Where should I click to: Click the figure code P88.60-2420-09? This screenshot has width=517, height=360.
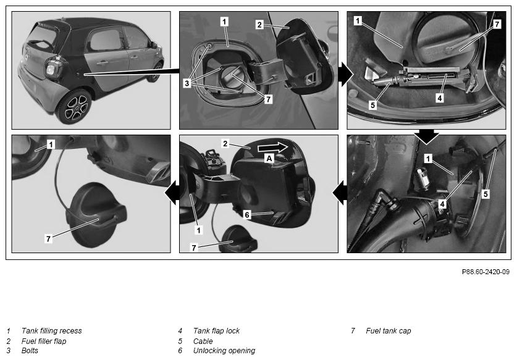[x=485, y=272]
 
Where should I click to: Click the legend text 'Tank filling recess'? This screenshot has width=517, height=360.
[x=51, y=330]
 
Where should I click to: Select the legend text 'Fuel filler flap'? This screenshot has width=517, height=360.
[x=44, y=341]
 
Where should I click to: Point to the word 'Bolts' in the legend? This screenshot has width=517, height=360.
[x=30, y=351]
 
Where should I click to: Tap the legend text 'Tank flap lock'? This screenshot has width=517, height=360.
[x=216, y=330]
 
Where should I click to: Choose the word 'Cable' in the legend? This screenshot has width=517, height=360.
[x=203, y=341]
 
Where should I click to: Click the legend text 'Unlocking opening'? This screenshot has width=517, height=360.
[x=224, y=351]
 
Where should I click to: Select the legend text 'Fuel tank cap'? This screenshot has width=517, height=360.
[x=389, y=330]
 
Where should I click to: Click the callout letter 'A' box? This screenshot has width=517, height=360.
[x=269, y=159]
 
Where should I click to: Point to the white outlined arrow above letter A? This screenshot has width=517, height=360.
[x=272, y=147]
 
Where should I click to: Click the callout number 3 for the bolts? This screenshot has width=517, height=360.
[x=187, y=83]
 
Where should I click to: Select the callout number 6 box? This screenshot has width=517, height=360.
[x=247, y=215]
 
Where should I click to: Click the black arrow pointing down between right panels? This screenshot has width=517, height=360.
[x=426, y=136]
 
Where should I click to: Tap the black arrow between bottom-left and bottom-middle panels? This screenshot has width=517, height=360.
[x=172, y=194]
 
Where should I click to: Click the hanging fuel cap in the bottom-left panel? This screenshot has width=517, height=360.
[x=98, y=214]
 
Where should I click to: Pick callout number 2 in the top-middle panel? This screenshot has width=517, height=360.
[x=259, y=25]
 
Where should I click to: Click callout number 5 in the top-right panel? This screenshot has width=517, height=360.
[x=372, y=105]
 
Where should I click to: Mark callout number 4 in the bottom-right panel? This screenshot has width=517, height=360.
[x=442, y=204]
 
